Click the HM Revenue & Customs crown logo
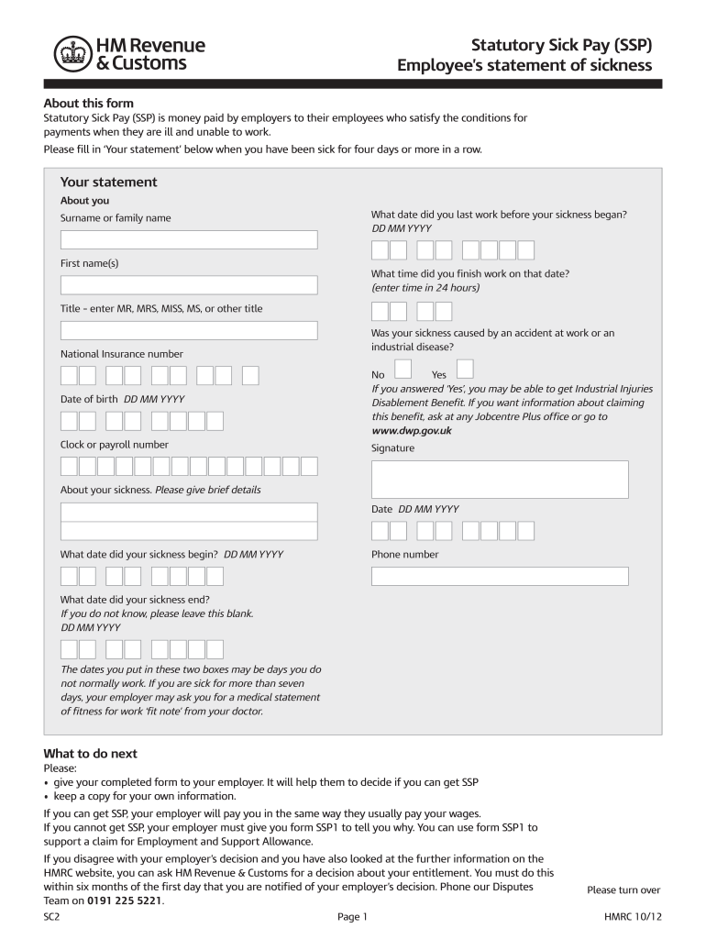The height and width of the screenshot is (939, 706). tap(69, 54)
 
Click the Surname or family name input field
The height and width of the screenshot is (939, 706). tap(189, 239)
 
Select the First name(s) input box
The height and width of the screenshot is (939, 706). tap(189, 285)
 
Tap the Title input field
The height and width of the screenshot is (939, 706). tap(189, 330)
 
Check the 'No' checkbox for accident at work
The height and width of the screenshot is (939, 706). tap(403, 369)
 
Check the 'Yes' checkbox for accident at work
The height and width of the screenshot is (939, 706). tap(464, 369)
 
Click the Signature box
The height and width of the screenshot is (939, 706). tap(500, 479)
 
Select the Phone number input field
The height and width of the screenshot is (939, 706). tap(500, 576)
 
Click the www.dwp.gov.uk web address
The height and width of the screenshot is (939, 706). tap(411, 429)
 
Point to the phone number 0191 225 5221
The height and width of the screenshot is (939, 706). tap(125, 900)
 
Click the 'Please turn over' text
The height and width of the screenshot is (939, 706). tap(623, 890)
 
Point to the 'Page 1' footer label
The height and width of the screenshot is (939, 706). tap(352, 917)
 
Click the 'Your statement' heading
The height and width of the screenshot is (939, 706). tap(108, 182)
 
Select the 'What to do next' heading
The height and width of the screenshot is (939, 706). tap(91, 754)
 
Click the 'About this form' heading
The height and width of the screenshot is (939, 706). tap(89, 104)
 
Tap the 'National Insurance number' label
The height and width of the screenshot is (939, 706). tap(121, 354)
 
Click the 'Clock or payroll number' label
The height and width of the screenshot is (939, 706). tap(115, 445)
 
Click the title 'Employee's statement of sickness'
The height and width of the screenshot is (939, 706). tap(524, 65)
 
